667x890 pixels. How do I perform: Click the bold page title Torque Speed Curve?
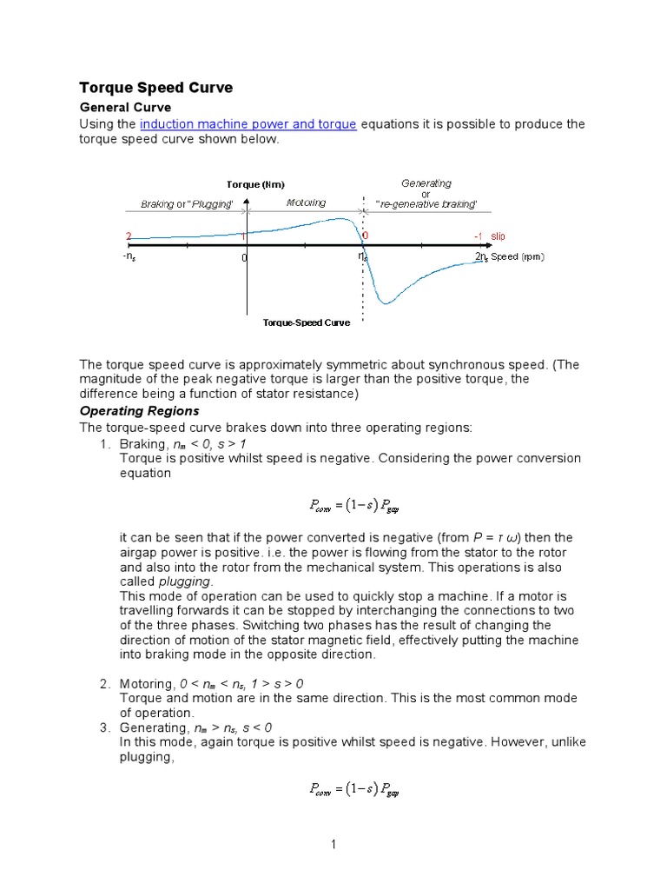(x=156, y=88)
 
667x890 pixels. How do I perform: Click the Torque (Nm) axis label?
(x=255, y=184)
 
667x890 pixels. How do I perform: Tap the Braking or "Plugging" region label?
(x=187, y=204)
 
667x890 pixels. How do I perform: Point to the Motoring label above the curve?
(x=306, y=203)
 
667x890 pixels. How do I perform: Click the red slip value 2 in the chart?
(x=129, y=236)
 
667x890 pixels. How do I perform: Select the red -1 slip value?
(x=479, y=236)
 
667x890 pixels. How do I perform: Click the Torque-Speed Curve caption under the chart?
(x=307, y=322)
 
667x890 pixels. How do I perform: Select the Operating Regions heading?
(x=139, y=410)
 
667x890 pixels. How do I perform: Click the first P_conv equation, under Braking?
(x=354, y=504)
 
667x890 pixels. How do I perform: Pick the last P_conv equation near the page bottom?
(x=354, y=790)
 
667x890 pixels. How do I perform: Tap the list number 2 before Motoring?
(x=104, y=684)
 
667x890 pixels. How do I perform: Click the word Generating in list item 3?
(x=151, y=727)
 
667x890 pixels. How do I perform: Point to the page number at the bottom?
(x=333, y=844)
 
